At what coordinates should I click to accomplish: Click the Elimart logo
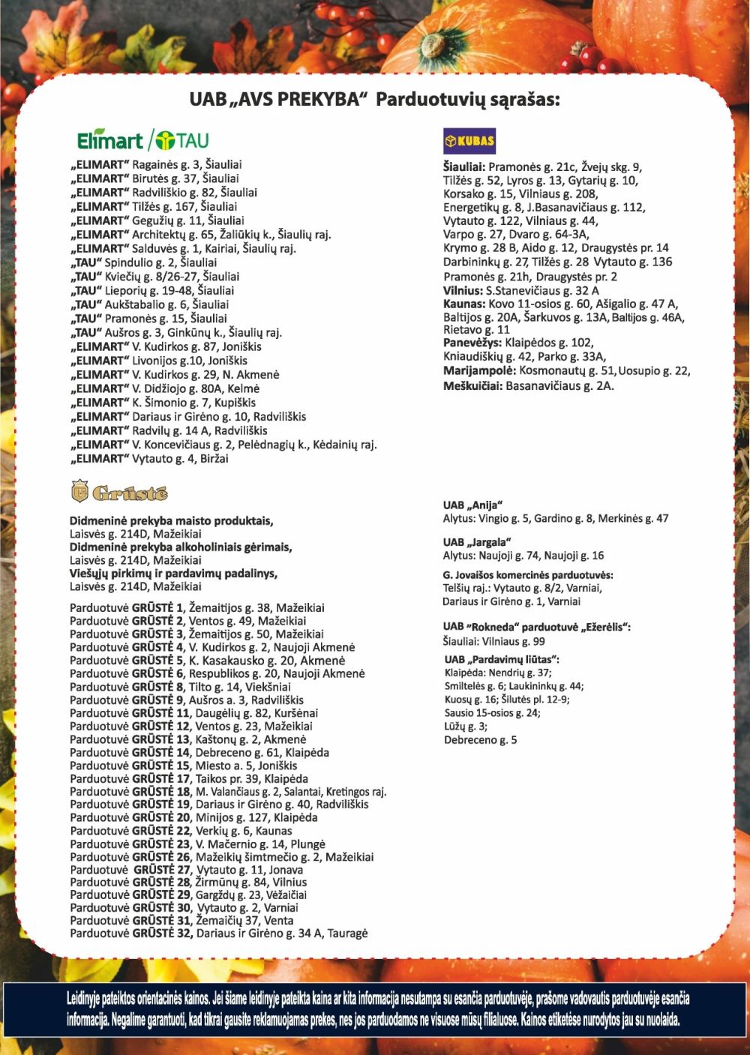point(110,140)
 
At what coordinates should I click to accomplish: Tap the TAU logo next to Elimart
point(182,140)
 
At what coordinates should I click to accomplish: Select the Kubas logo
point(469,141)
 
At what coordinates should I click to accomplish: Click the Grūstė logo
point(119,492)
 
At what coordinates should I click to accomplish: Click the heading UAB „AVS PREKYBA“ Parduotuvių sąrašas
point(374,99)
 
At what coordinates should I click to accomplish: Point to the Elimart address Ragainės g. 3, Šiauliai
point(157,164)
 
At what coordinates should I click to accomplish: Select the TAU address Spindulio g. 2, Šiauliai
point(145,262)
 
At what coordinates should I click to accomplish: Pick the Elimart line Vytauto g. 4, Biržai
point(150,458)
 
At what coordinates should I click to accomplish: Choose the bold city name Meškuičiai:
point(472,385)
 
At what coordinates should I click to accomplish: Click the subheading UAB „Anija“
point(472,505)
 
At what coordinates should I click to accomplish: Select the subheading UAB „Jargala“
point(477,542)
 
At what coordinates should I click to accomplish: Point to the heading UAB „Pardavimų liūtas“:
point(502,659)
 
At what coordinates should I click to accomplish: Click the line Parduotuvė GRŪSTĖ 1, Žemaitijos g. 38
point(197,607)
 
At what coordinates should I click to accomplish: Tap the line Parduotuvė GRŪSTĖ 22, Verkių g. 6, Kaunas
point(181,831)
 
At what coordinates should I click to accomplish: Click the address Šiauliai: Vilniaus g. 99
point(493,641)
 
